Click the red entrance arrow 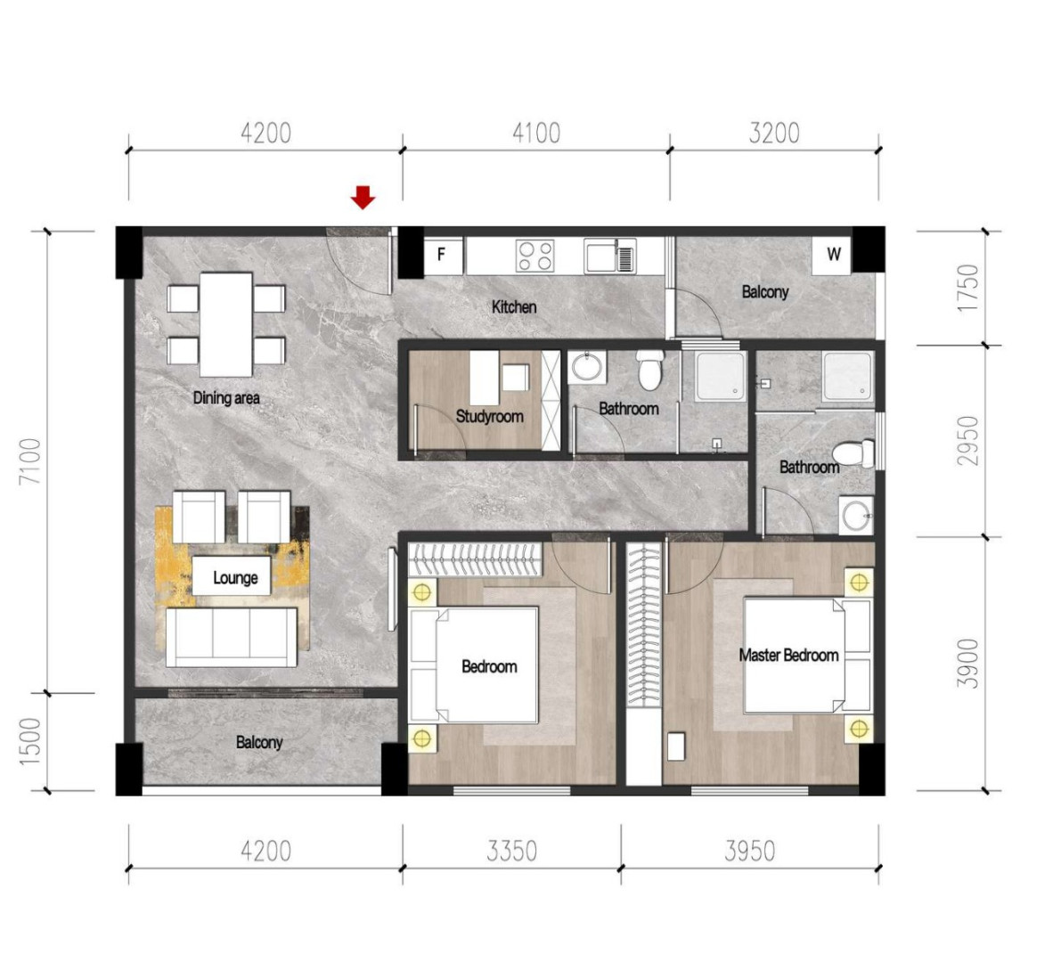(362, 197)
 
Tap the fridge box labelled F (442, 256)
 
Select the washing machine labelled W (834, 255)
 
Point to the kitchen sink (610, 257)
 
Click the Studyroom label (489, 416)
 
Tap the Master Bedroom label (788, 656)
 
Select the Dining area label (226, 398)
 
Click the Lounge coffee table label (235, 578)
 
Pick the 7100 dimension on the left (31, 461)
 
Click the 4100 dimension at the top (536, 134)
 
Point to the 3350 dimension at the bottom (511, 851)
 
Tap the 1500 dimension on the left (31, 741)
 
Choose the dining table (226, 323)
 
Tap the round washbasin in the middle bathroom (586, 366)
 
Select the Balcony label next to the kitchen (764, 292)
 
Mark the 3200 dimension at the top (773, 134)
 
